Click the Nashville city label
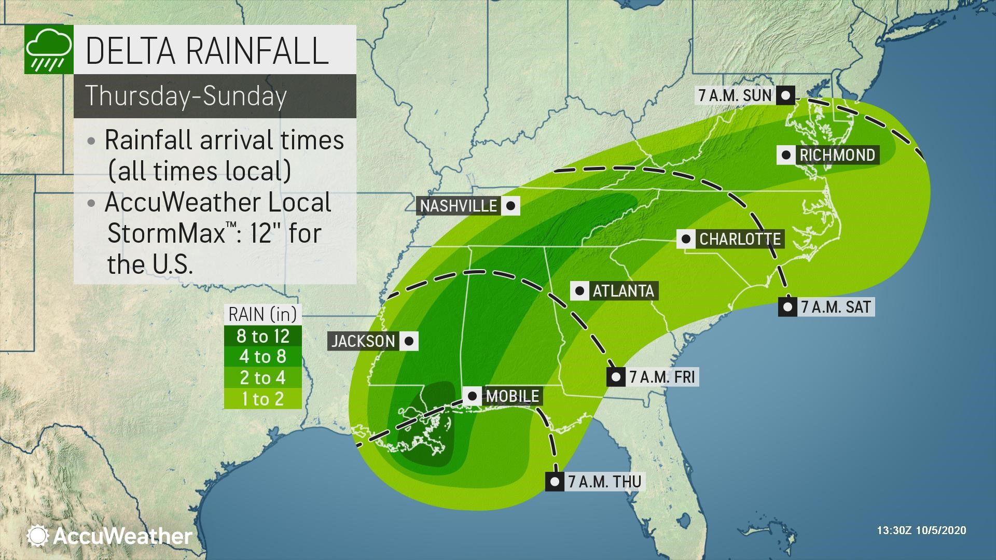(x=459, y=206)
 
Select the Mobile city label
(x=513, y=396)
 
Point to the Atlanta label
(x=623, y=291)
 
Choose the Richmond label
(x=837, y=155)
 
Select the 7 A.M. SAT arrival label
(x=835, y=307)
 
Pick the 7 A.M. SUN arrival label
(x=736, y=95)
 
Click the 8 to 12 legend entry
(x=263, y=337)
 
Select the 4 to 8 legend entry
(x=263, y=357)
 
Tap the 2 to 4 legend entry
(x=263, y=378)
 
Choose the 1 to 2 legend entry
(x=263, y=399)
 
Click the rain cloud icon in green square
(x=48, y=50)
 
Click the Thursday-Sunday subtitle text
(x=186, y=96)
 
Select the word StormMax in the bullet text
(x=166, y=234)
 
